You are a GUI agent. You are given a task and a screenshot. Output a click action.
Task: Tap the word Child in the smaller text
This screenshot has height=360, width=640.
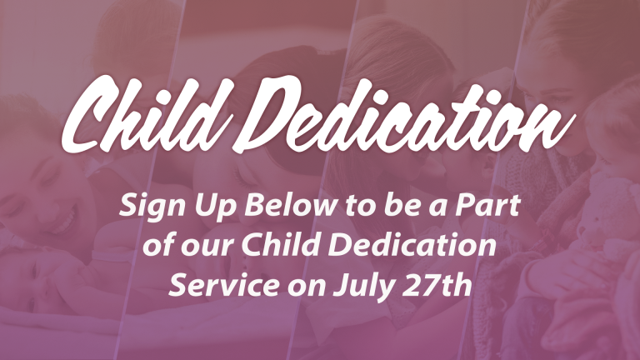point(281,244)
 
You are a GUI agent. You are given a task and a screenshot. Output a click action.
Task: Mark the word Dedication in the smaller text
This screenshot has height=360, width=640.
point(412,244)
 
